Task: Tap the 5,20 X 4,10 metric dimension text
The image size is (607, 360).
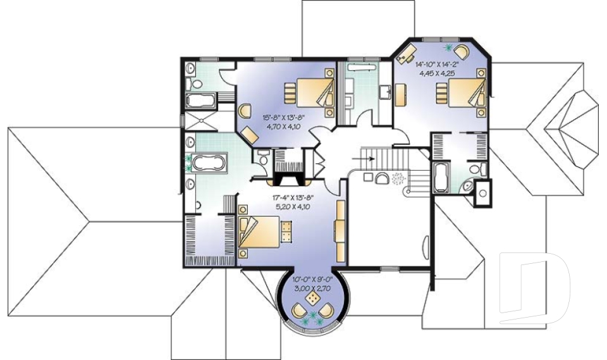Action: (291, 206)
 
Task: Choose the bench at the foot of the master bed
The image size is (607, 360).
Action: (286, 232)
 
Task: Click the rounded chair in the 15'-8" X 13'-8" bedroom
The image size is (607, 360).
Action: (244, 109)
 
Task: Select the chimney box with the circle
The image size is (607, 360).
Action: (482, 189)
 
